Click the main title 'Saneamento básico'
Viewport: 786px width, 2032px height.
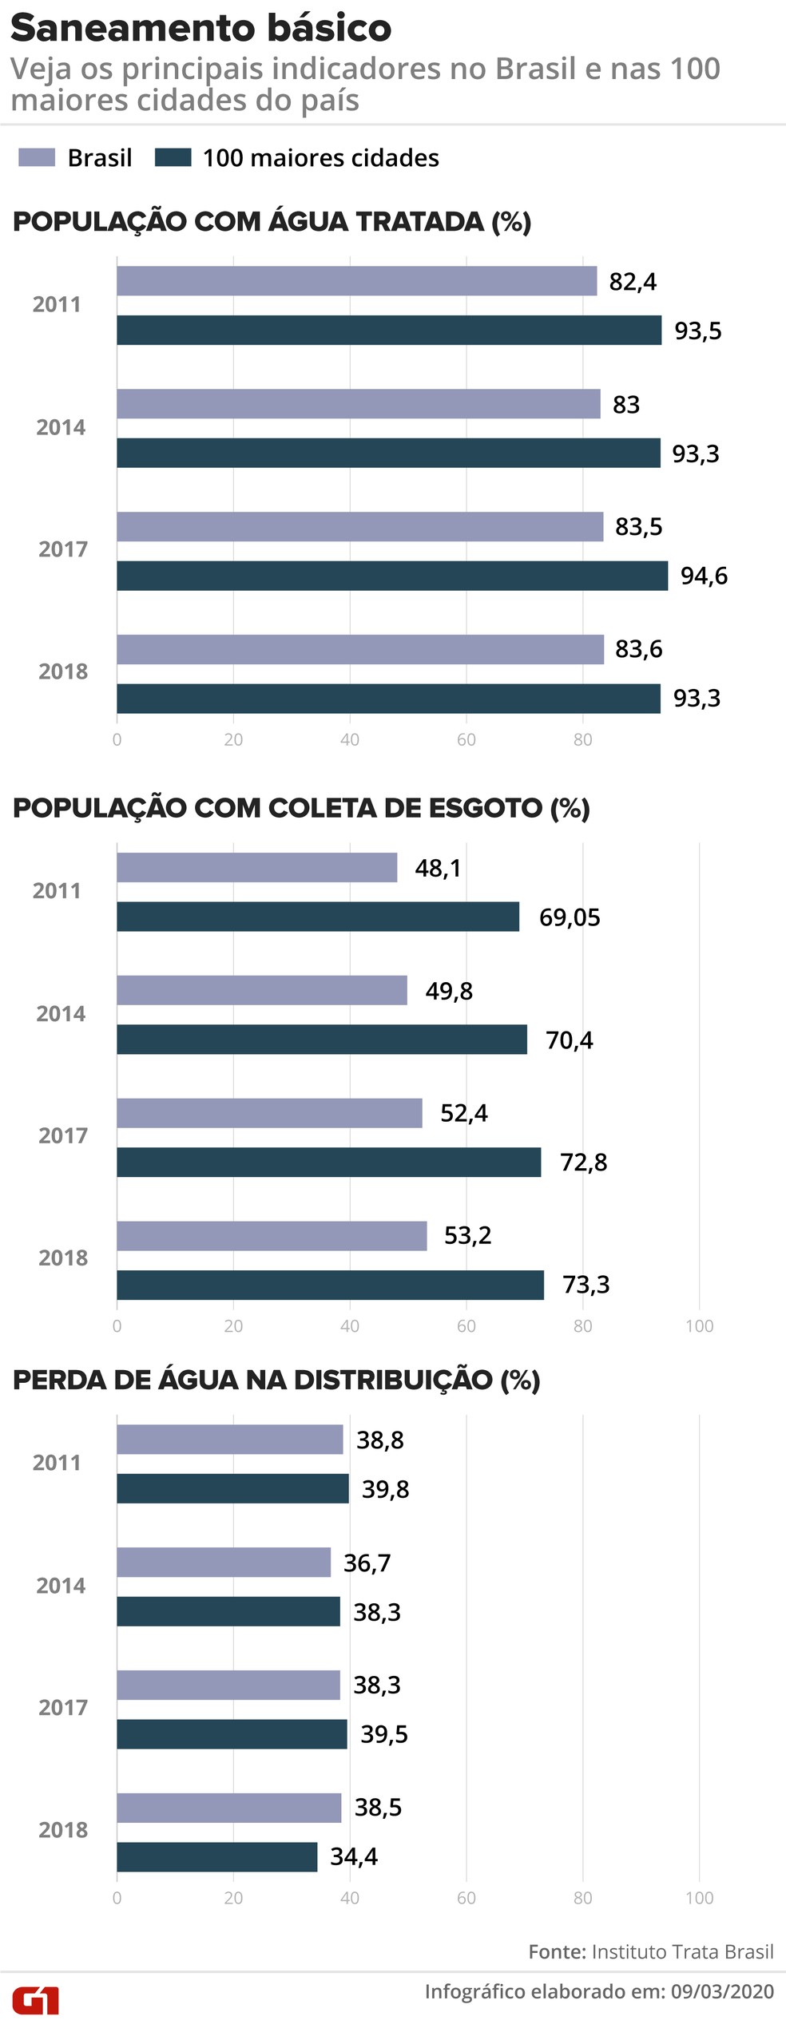point(200,29)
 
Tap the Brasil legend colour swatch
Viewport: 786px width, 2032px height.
point(37,157)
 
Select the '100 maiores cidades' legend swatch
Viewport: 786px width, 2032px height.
point(173,157)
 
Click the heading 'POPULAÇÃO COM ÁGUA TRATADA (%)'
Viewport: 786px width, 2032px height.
point(272,222)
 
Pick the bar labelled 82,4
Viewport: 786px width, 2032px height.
point(356,281)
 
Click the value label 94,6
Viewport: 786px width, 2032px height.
point(704,576)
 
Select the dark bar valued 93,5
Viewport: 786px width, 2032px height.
point(389,331)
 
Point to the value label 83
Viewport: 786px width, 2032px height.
point(626,405)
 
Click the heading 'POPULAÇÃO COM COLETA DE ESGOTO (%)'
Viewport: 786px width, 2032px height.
point(301,808)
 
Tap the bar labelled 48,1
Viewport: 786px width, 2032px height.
point(256,867)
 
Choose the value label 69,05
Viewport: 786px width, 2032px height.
point(570,917)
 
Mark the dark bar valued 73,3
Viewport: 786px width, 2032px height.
point(330,1285)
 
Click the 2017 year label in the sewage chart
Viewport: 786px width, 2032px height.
point(63,1135)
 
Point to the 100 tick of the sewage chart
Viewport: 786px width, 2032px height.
point(699,1326)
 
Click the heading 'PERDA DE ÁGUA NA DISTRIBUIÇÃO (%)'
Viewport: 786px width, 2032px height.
point(276,1380)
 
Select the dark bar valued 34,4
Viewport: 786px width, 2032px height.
point(216,1857)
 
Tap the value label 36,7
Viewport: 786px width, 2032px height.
point(367,1563)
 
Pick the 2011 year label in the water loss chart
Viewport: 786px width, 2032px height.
point(57,1463)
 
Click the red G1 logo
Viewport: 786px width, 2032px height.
point(35,2002)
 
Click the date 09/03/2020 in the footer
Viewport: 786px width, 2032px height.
point(722,1991)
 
